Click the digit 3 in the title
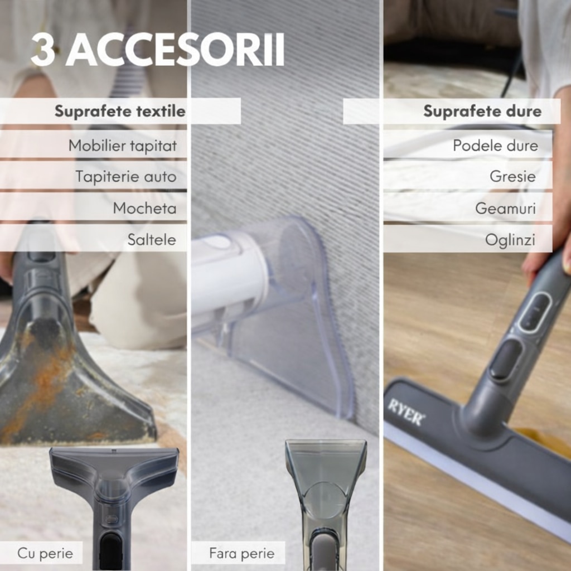pos(42,50)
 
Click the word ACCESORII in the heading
pos(175,50)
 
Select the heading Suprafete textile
pos(120,111)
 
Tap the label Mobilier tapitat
pos(122,146)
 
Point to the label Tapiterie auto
pos(126,177)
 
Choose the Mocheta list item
pos(144,209)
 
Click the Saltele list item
pos(152,240)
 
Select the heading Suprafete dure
pos(482,111)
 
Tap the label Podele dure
pos(495,146)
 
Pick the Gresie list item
pos(512,177)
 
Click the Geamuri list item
pos(505,209)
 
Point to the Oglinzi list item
pos(510,240)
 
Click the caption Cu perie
pos(45,554)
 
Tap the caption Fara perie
pos(242,553)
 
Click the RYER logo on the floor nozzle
pos(405,412)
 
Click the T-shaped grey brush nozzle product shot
pos(114,506)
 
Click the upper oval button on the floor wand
pos(535,313)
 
